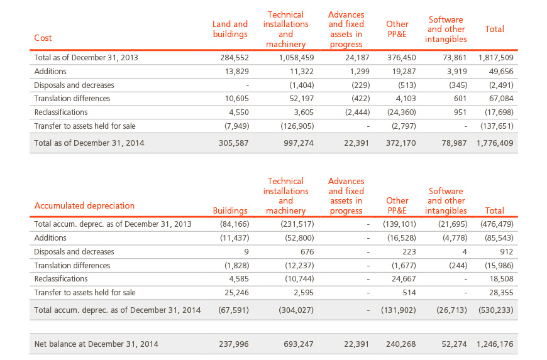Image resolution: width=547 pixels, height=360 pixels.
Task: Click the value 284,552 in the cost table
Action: pyautogui.click(x=234, y=58)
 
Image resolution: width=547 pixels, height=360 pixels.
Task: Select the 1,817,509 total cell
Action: pyautogui.click(x=495, y=58)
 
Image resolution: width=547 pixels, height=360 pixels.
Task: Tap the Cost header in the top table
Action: pyautogui.click(x=43, y=38)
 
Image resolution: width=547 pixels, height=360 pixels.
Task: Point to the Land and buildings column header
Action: pyautogui.click(x=230, y=29)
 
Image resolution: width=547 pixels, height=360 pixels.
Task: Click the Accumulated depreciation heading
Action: pyautogui.click(x=84, y=205)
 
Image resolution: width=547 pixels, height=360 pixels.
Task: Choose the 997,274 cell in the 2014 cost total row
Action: pyautogui.click(x=298, y=143)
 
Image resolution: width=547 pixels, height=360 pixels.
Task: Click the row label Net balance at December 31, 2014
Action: pyautogui.click(x=96, y=344)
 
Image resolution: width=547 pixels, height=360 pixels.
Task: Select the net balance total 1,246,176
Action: pyautogui.click(x=495, y=344)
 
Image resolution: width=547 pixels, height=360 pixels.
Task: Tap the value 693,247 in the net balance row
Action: pyautogui.click(x=298, y=344)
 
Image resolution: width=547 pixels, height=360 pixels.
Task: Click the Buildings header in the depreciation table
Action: pyautogui.click(x=230, y=210)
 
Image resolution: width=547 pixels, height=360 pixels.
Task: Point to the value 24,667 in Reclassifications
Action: pyautogui.click(x=404, y=279)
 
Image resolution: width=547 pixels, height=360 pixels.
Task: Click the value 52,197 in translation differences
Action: pyautogui.click(x=301, y=99)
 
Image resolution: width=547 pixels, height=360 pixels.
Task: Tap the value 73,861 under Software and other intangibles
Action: pyautogui.click(x=455, y=58)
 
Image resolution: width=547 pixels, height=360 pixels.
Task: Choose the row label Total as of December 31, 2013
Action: pyautogui.click(x=86, y=58)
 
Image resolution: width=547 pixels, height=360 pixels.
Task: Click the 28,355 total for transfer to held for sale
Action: pyautogui.click(x=501, y=293)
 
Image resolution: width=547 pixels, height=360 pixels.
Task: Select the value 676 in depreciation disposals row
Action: pyautogui.click(x=307, y=251)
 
